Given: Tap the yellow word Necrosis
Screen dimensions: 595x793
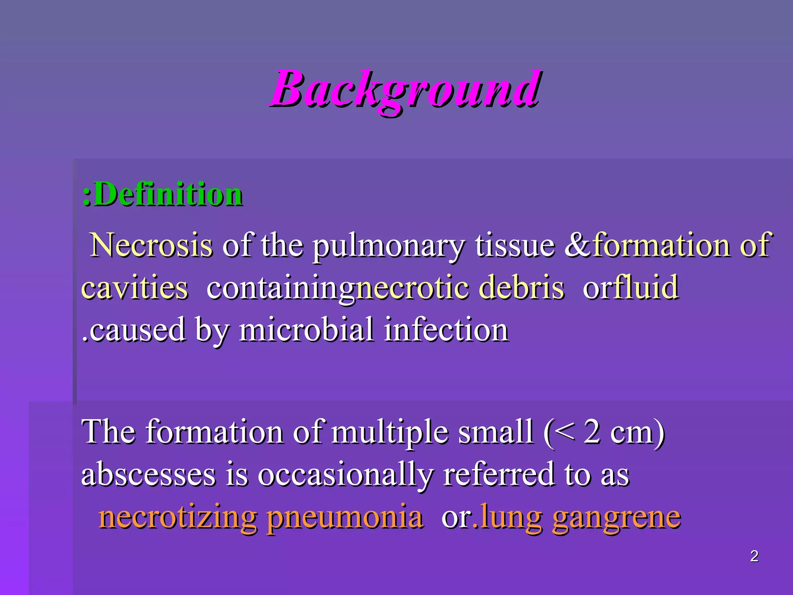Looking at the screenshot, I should (x=151, y=245).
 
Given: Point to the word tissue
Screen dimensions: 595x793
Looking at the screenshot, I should (x=515, y=245).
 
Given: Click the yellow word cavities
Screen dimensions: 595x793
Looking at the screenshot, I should (x=135, y=288).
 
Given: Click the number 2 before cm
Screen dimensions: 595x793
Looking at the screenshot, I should (x=592, y=432).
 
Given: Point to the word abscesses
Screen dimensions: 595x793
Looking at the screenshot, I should (x=148, y=475).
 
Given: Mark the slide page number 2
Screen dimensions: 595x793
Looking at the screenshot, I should (x=754, y=556).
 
